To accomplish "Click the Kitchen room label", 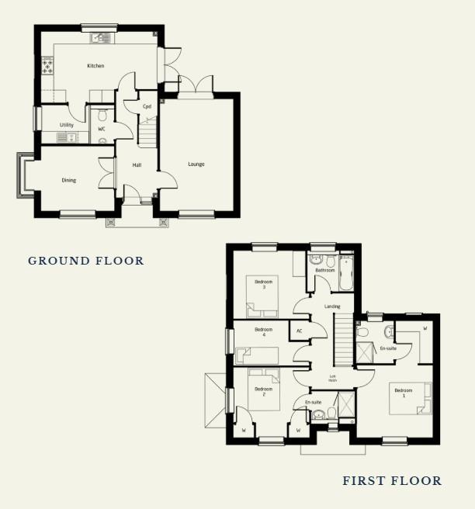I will [x=95, y=66].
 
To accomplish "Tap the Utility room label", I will [x=67, y=125].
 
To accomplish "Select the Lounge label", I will [x=196, y=164].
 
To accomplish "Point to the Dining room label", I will [x=69, y=181].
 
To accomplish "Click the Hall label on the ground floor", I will [x=137, y=165].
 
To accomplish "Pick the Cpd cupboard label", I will [x=146, y=106].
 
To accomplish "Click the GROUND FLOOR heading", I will [x=86, y=261].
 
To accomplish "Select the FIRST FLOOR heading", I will [x=392, y=481].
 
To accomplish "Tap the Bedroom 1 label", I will [x=404, y=393].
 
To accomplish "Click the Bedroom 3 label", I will [x=264, y=285].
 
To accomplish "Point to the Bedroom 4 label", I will [x=264, y=331].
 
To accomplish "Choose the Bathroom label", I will [x=325, y=270].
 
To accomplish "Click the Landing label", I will [x=332, y=306].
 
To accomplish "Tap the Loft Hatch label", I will [x=333, y=379].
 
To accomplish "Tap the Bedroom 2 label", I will [x=264, y=391].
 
